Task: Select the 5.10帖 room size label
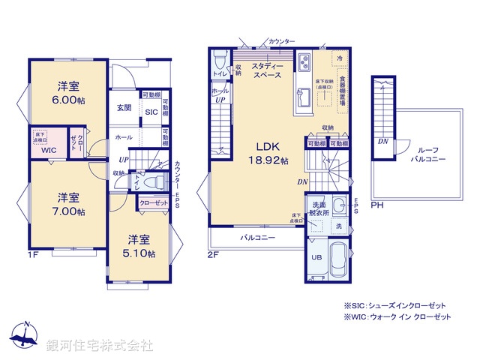[141, 253]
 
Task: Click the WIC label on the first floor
[49, 150]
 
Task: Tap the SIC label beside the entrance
[151, 112]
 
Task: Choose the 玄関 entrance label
[124, 107]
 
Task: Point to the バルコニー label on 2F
[257, 238]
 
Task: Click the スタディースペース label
[266, 70]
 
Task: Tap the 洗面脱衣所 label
[316, 208]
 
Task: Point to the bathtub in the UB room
[338, 262]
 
